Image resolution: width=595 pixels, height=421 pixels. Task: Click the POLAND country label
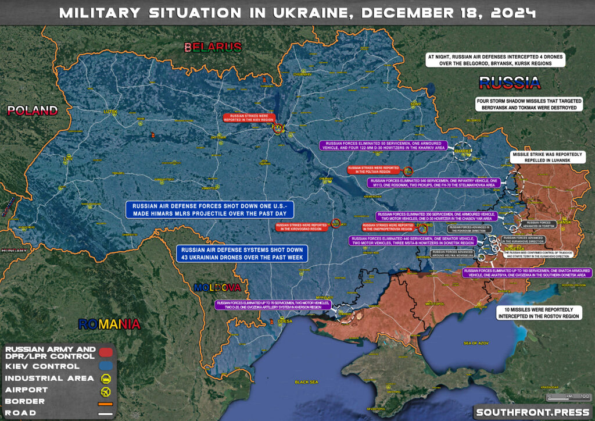click(32, 110)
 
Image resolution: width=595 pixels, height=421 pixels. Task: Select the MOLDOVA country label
click(217, 287)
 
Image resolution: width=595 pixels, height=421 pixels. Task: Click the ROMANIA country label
click(110, 323)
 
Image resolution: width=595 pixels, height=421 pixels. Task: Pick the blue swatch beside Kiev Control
click(106, 366)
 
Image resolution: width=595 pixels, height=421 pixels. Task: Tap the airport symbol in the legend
click(106, 390)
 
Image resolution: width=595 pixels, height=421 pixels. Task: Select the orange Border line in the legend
click(106, 402)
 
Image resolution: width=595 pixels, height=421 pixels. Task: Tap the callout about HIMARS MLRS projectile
click(213, 210)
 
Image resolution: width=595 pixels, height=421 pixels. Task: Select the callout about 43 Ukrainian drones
click(242, 253)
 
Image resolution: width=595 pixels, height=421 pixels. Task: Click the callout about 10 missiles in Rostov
click(539, 313)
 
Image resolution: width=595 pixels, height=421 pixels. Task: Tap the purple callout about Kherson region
click(271, 305)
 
